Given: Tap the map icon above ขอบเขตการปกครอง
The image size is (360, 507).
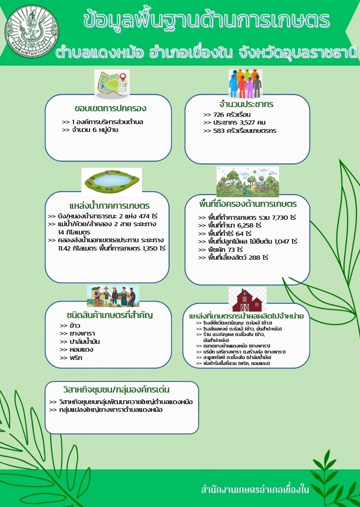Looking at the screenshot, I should tap(112, 85).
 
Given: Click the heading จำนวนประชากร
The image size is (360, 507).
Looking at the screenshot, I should tap(246, 104).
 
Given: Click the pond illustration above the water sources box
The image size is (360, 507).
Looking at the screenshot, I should tap(112, 181).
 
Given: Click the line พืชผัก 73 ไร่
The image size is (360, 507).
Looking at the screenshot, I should tap(223, 249).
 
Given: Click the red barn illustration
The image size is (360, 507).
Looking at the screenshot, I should tap(247, 300).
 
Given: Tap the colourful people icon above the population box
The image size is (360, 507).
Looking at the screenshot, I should tap(245, 84).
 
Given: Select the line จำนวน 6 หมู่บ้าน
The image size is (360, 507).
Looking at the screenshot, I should tap(89, 130).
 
